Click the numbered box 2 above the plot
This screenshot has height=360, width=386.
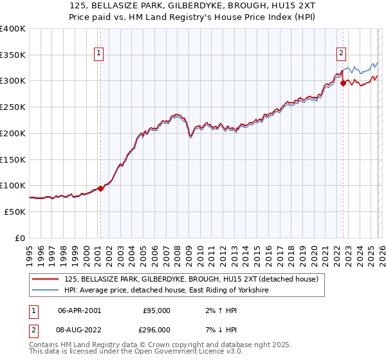pyautogui.click(x=340, y=54)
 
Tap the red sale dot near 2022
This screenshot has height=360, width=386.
pyautogui.click(x=343, y=83)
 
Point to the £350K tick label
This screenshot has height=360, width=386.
pyautogui.click(x=13, y=55)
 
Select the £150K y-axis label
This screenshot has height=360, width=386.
pyautogui.click(x=13, y=159)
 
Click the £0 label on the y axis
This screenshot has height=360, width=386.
pyautogui.click(x=21, y=238)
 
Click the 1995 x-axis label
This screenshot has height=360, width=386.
pyautogui.click(x=30, y=251)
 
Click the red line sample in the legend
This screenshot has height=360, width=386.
pyautogui.click(x=46, y=279)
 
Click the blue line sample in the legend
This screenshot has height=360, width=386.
pyautogui.click(x=46, y=291)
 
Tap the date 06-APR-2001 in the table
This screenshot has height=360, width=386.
pyautogui.click(x=80, y=310)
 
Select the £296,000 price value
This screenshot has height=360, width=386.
pyautogui.click(x=156, y=329)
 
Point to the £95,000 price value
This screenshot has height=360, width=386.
pyautogui.click(x=156, y=310)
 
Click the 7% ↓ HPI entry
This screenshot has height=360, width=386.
pyautogui.click(x=218, y=329)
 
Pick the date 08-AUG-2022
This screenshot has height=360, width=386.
pyautogui.click(x=80, y=329)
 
